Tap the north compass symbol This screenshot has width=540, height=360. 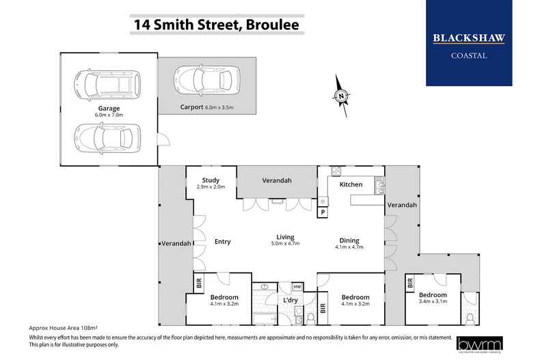[340, 96]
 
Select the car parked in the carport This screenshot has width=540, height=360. [207, 81]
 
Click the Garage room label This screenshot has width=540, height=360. [108, 108]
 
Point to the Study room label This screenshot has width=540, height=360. [210, 181]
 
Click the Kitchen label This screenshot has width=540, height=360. [351, 184]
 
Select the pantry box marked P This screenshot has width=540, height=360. [323, 213]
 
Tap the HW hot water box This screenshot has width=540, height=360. [297, 287]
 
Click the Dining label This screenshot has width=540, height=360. [349, 240]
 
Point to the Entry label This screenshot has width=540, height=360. [223, 241]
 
